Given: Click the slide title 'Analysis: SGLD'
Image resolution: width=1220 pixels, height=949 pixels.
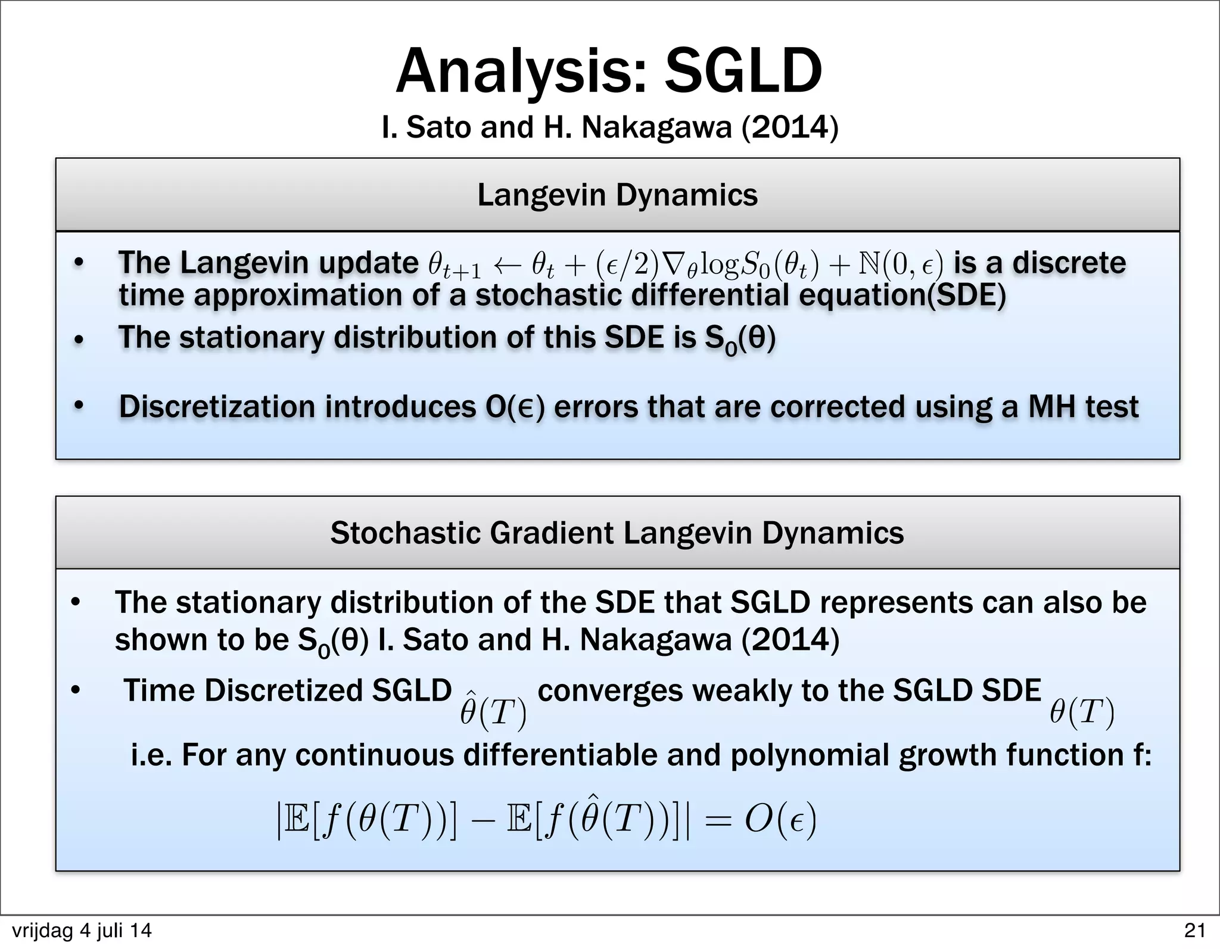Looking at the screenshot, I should point(609,71).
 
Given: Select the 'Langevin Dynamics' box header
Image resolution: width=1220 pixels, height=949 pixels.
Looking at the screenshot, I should point(617,195).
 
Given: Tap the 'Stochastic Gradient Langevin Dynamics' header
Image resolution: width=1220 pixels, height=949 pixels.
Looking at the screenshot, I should point(617,533).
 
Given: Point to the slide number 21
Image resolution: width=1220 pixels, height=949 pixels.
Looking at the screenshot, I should point(1194,930).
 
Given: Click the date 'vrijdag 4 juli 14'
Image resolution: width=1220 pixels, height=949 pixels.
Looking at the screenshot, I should point(82,931).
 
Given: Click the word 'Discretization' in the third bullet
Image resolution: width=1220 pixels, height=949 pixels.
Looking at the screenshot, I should point(217,407).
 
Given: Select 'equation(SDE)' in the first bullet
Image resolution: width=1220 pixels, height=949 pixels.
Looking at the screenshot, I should point(902,296).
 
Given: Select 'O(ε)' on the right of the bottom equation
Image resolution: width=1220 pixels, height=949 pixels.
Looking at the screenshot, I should point(780,822).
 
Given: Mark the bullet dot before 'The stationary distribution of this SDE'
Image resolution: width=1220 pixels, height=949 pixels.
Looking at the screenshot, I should point(78,340).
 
